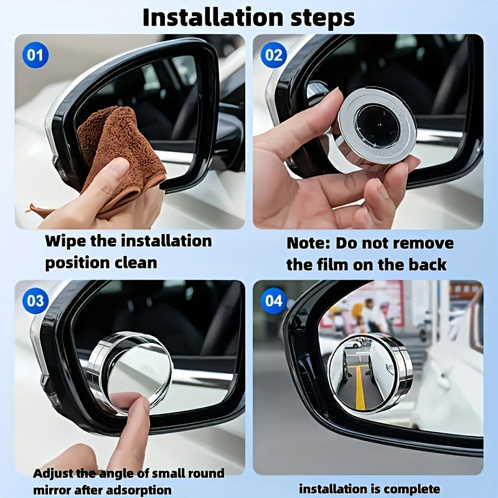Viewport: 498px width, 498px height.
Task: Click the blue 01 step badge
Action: [35, 56]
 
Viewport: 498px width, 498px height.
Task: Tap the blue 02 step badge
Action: [274, 56]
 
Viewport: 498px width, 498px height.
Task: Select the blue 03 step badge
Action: [35, 302]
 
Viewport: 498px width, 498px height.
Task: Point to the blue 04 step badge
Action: [274, 302]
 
